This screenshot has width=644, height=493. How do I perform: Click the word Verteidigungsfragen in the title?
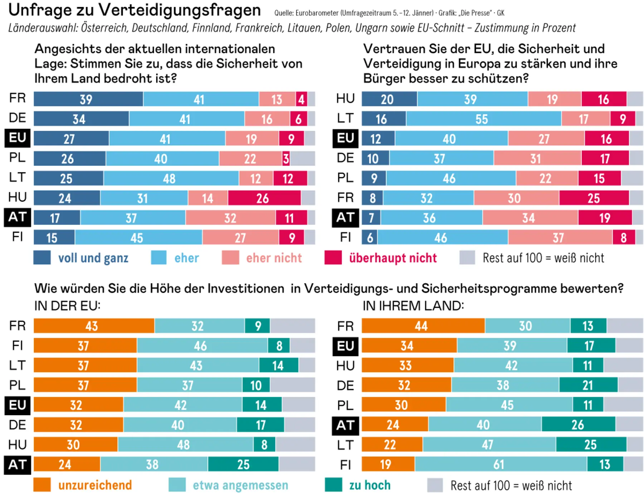click(179, 10)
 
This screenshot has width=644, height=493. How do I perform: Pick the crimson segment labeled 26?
click(264, 198)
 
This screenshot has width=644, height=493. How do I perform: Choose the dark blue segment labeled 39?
click(88, 99)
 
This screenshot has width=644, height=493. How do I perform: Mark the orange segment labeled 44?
click(423, 326)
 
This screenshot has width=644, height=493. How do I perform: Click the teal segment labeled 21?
click(588, 385)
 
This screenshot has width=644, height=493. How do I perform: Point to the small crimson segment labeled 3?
click(286, 158)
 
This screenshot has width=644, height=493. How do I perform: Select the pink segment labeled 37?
click(559, 237)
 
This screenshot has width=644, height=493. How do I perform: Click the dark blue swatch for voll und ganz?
click(42, 257)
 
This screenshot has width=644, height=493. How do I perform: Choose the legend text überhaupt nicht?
click(393, 258)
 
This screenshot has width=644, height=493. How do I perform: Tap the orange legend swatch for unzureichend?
click(42, 485)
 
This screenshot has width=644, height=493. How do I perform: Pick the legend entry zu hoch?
click(370, 485)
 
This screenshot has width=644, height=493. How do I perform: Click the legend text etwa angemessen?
click(240, 485)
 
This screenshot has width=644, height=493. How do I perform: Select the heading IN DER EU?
click(67, 306)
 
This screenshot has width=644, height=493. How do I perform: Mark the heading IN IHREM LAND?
click(413, 306)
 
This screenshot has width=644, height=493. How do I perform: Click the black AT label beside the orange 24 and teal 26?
click(345, 425)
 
